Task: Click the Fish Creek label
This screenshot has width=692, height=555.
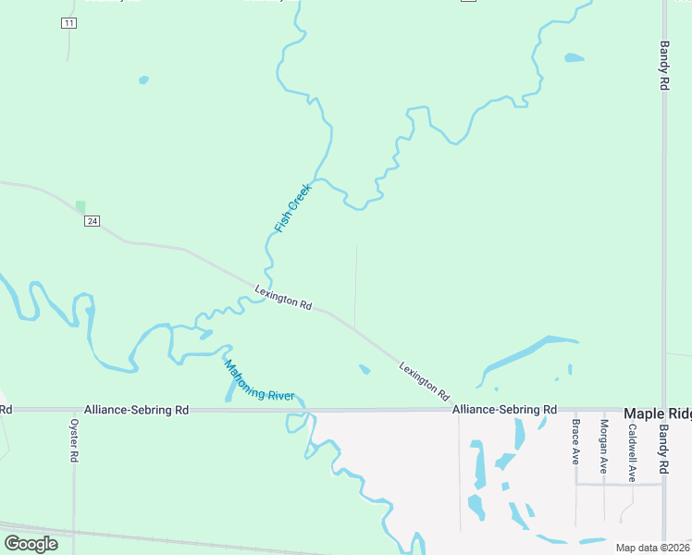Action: point(294,208)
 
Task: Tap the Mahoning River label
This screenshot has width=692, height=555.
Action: point(259,380)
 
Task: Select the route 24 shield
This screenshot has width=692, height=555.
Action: point(91,221)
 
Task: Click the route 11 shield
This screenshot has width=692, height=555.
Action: point(68,23)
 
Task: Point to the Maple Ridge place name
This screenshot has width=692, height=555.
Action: point(657,413)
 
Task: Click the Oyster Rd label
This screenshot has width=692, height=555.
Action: point(75,440)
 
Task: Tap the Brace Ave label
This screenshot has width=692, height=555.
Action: point(575,441)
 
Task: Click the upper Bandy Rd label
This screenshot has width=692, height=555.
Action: point(664,65)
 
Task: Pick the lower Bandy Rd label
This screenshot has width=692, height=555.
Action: point(663,445)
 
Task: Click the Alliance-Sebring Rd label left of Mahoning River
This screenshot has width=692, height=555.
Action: point(136,409)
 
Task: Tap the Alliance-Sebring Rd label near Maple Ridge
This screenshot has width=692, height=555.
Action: point(504,409)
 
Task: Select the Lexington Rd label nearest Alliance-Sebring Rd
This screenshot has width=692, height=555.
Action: point(425,380)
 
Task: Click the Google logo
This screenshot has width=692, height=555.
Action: point(31,543)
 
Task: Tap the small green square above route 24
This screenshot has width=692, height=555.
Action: point(80,206)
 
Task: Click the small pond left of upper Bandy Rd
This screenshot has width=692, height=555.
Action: point(575,58)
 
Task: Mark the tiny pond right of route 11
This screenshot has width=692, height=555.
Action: point(143,80)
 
